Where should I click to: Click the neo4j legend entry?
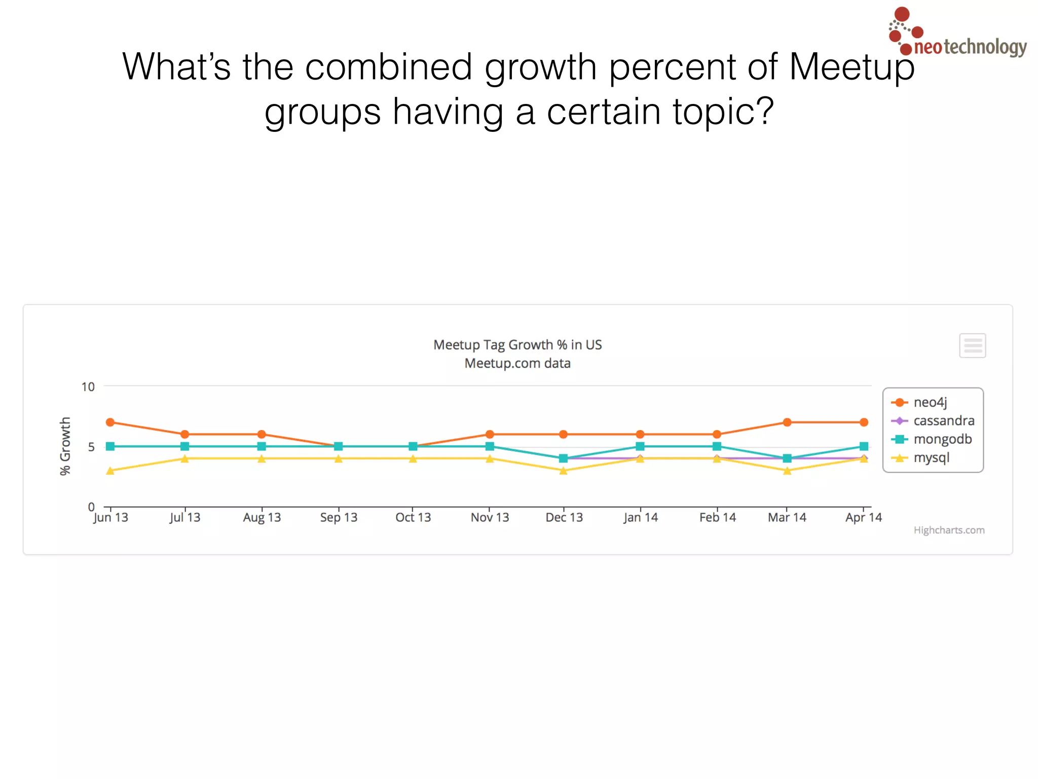coord(929,402)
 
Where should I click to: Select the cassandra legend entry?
coord(943,421)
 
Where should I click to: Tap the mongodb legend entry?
coord(942,439)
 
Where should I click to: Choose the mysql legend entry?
coord(931,457)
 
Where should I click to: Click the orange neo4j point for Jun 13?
coord(110,422)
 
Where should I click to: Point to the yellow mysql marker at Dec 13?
coord(563,471)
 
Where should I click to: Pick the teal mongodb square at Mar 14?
coord(787,458)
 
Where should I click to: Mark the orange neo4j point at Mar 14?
coord(787,422)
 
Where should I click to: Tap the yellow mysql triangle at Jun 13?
coord(110,471)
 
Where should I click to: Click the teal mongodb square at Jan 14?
coord(640,446)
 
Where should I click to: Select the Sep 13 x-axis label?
coord(339,517)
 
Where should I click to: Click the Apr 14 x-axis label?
coord(864,517)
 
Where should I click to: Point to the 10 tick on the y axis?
coord(88,387)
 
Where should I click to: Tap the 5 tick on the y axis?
coord(91,447)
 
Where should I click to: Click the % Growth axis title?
coord(65,446)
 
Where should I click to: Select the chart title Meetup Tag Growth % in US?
coord(517,345)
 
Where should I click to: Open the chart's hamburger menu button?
coord(972,346)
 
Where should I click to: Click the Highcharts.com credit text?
coord(949,530)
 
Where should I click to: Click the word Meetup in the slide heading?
coord(851,67)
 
